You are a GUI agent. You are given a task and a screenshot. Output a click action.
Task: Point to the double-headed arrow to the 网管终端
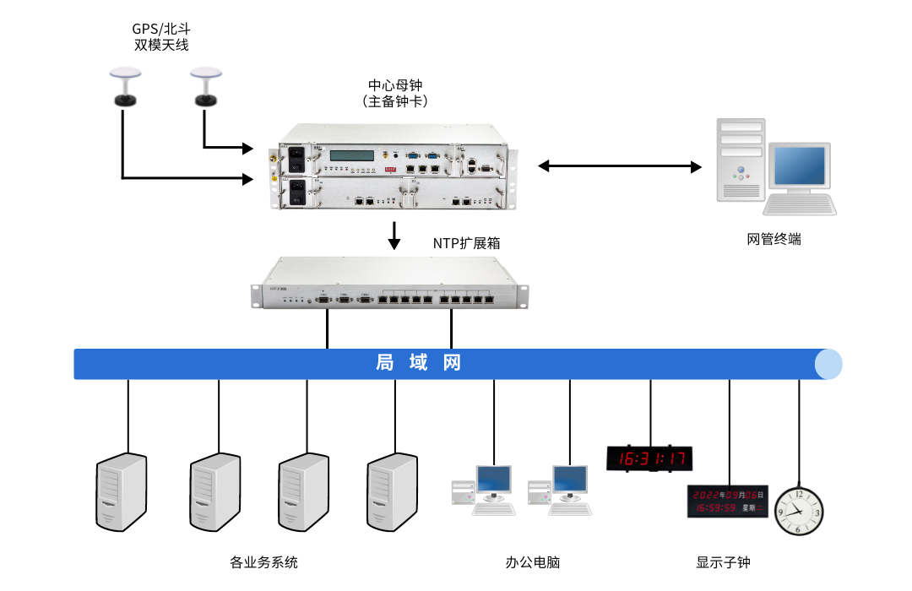[620, 166]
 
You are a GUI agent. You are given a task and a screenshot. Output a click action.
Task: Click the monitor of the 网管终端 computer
[799, 168]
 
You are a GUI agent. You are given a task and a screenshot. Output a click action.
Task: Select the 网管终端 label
[774, 239]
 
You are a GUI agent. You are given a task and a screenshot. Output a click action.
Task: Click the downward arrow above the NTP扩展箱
[394, 236]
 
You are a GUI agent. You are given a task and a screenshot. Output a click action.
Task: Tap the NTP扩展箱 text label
[467, 243]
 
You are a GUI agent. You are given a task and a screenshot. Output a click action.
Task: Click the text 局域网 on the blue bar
[419, 363]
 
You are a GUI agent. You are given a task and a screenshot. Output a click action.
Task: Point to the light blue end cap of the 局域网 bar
[828, 364]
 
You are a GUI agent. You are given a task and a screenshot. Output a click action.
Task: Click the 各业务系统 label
[263, 562]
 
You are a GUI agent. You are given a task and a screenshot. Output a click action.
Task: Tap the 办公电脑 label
[533, 562]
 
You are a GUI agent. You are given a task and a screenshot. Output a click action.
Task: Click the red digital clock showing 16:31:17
[649, 458]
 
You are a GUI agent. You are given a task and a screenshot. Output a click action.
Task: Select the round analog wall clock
[798, 511]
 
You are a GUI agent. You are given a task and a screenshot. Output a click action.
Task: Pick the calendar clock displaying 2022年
[727, 501]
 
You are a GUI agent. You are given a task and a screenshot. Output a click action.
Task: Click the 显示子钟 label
[723, 562]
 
